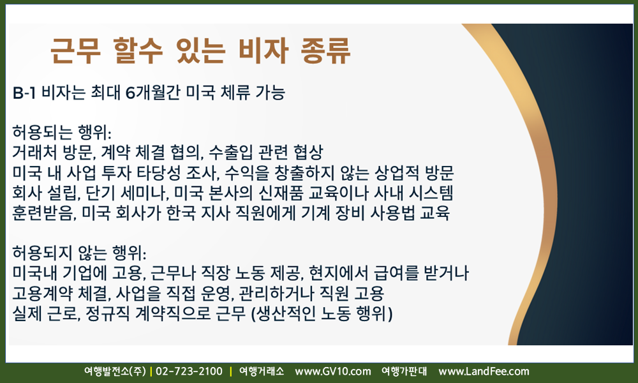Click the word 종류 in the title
[x=325, y=50]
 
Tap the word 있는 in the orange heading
[x=200, y=50]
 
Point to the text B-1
[x=24, y=93]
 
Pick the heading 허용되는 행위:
[x=62, y=132]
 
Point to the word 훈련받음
[x=45, y=213]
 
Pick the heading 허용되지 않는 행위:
[x=79, y=253]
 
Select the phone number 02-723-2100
[x=189, y=372]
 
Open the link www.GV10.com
[x=333, y=372]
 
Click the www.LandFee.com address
[x=484, y=372]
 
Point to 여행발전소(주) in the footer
[x=115, y=372]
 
